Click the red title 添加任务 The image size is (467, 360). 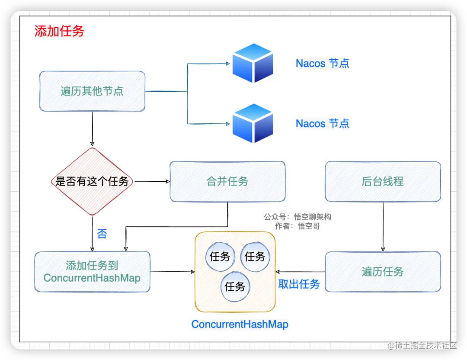pos(59,31)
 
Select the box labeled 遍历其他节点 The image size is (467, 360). pos(92,91)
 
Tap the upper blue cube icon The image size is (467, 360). pos(253,63)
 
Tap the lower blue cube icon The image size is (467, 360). pos(253,123)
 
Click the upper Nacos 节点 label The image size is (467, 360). pos(322,64)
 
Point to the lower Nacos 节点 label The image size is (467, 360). pos(322,124)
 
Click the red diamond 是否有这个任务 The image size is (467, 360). pos(92,181)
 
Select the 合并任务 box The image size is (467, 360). pos(227,181)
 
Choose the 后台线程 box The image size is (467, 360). pos(383,181)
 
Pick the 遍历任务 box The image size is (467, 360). pos(383,272)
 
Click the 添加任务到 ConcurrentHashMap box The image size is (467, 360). pos(92,272)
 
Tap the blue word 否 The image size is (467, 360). pos(102,234)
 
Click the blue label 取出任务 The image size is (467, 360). pos(299,284)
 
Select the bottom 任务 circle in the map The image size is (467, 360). pos(235,286)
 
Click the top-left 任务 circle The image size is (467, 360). pos(220,257)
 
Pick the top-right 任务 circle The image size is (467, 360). pos(255,257)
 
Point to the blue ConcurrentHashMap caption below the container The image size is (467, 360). pos(240,324)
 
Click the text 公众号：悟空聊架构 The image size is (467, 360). pos(297,217)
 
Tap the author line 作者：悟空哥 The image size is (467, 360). pos(297,226)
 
